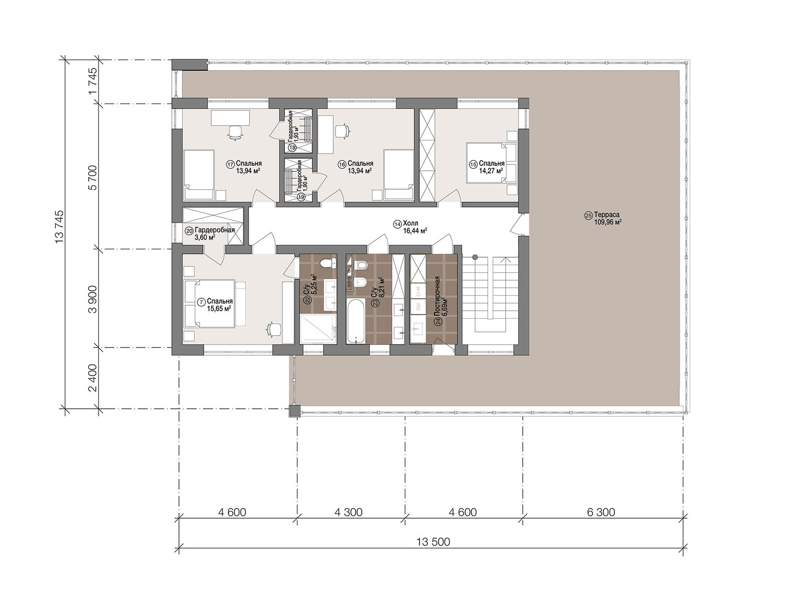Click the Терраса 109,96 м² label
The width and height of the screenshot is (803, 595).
point(603,218)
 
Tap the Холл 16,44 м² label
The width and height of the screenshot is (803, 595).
point(411,227)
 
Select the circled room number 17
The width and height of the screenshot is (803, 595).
point(230,164)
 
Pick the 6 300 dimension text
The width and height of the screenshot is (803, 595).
point(601,512)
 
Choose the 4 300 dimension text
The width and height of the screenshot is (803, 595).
point(348,512)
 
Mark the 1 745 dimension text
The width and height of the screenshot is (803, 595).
point(93,82)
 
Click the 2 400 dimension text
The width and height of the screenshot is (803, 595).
point(93,378)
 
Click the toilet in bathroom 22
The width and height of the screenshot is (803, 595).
point(328,263)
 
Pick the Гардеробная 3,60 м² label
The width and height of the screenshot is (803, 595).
point(210,234)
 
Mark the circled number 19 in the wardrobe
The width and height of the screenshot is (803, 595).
point(301,196)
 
